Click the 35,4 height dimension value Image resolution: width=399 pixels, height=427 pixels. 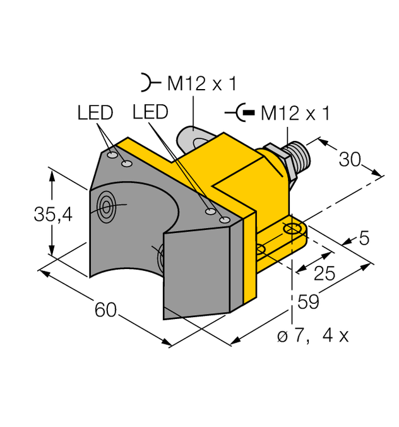pos(53,215)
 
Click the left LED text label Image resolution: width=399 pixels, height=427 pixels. pos(95,113)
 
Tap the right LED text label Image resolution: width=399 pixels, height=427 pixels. pos(150,112)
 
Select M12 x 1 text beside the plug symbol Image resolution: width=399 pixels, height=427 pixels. pos(295,114)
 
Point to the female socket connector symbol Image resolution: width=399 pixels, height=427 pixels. pos(147,83)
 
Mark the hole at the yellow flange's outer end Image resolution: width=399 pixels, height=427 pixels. pos(292,229)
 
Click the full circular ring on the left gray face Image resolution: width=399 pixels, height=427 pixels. pos(105,205)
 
